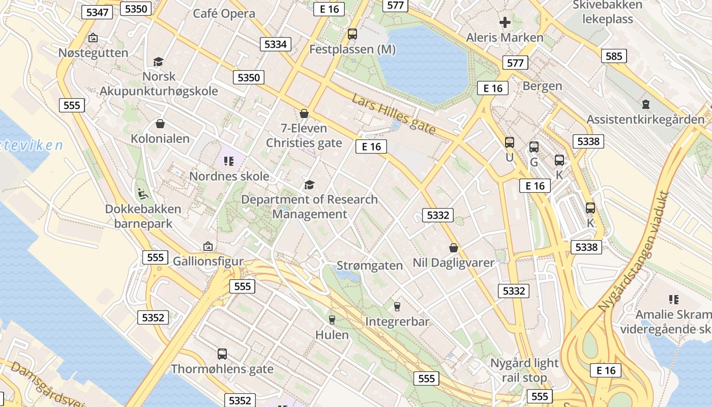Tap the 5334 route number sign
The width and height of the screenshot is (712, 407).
point(276,44)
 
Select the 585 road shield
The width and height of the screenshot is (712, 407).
point(613,56)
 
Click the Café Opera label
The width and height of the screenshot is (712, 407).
point(224,13)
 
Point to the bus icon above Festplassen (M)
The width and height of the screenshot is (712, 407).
point(352,34)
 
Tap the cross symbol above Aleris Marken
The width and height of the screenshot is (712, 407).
point(505,22)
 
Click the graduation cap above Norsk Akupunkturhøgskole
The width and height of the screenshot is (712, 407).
point(158,62)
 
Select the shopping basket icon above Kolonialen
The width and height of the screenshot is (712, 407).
point(160,124)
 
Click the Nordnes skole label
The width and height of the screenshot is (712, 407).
point(229,176)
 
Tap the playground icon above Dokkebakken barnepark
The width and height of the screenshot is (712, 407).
point(143,194)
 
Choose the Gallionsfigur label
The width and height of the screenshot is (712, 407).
point(208,261)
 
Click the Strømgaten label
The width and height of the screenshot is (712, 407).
point(370,266)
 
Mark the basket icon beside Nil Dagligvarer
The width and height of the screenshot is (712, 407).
point(454,248)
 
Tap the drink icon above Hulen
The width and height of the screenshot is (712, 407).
point(332,319)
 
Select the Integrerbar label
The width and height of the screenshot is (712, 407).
point(397,322)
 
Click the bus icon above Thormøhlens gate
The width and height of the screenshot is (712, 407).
point(222,354)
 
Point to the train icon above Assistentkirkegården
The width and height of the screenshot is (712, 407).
point(645,105)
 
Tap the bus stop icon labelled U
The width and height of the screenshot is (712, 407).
point(509,142)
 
